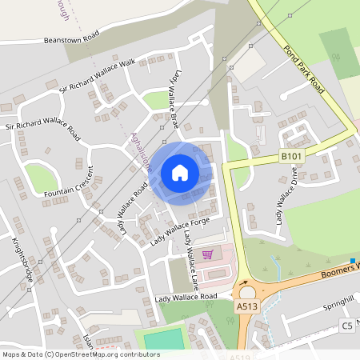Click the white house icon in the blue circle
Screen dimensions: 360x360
click(180, 173)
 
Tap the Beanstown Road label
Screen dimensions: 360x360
click(71, 38)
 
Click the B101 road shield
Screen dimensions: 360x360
click(290, 156)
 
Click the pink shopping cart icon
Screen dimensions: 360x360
click(208, 254)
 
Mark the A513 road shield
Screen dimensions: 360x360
click(246, 305)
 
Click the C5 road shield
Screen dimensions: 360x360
click(346, 325)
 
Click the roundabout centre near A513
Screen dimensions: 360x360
click(247, 292)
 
